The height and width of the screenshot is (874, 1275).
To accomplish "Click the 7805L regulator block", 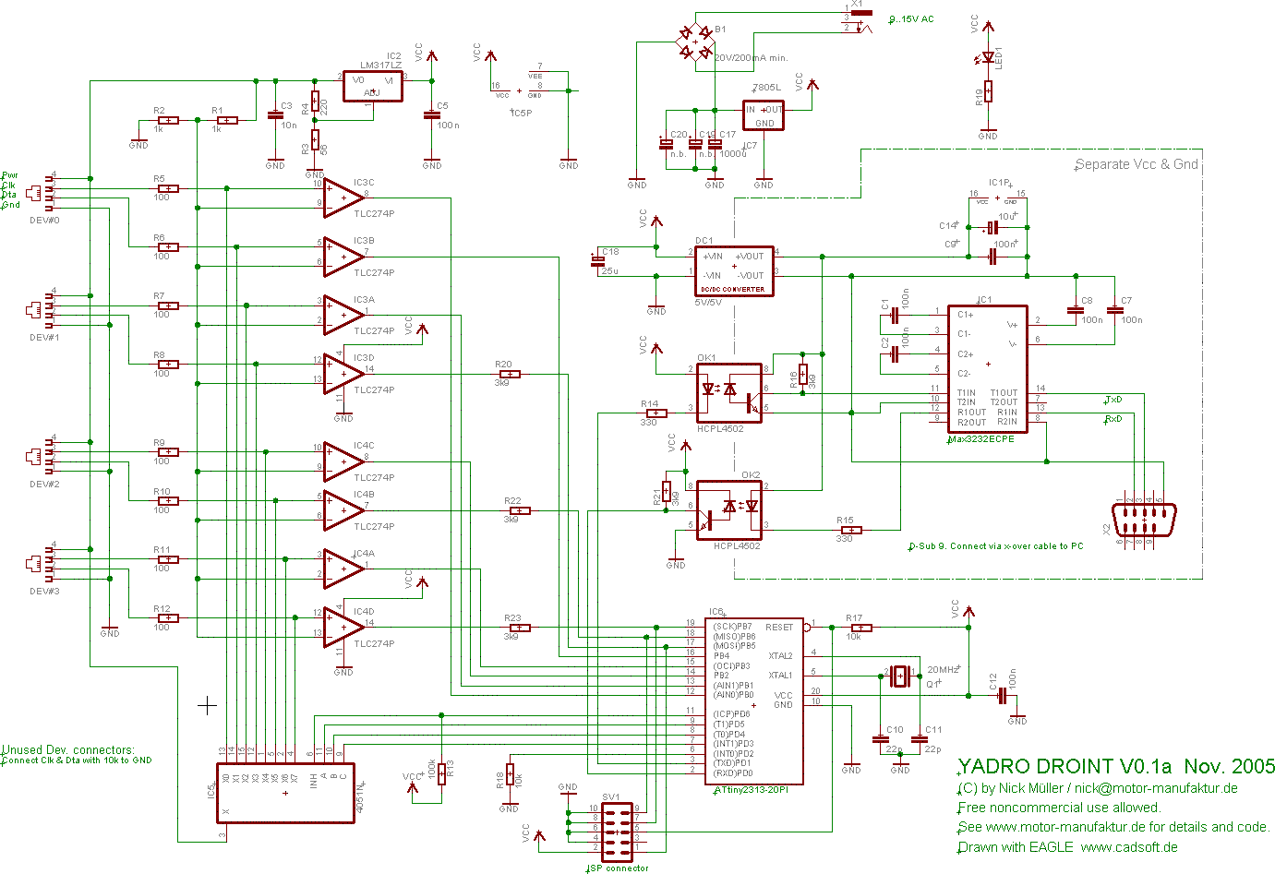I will coord(764,115).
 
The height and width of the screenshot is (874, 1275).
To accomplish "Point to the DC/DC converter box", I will coord(734,270).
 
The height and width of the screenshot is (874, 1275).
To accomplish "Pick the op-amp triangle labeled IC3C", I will coord(343,198).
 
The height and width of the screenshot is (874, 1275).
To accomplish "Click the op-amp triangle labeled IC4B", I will coord(343,510).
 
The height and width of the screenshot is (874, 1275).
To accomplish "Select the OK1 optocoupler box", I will coord(728,392).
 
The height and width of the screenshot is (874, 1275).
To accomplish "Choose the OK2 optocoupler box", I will coord(728,509).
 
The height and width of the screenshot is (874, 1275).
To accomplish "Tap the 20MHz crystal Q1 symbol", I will coord(899,676).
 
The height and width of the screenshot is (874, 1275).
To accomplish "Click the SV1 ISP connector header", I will coord(617,832).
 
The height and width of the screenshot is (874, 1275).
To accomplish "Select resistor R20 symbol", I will coord(508,374).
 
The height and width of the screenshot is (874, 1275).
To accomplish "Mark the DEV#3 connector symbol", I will coord(37,562).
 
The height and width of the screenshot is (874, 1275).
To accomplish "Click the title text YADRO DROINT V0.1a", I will coord(1065,766).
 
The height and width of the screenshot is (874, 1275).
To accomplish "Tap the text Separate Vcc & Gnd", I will coord(1136,164).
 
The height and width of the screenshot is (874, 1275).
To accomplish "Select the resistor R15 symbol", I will coord(848,530).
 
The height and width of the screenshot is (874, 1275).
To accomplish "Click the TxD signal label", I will coord(1113,400).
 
